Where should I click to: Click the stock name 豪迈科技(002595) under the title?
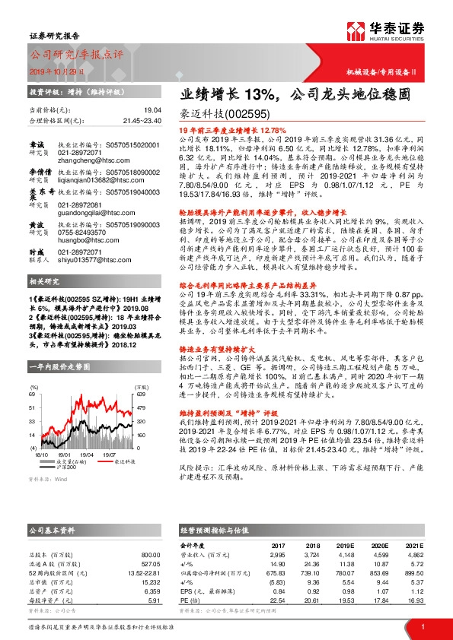(221, 115)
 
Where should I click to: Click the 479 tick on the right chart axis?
(141, 407)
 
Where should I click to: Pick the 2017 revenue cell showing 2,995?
(276, 535)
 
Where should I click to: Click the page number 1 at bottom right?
(422, 626)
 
